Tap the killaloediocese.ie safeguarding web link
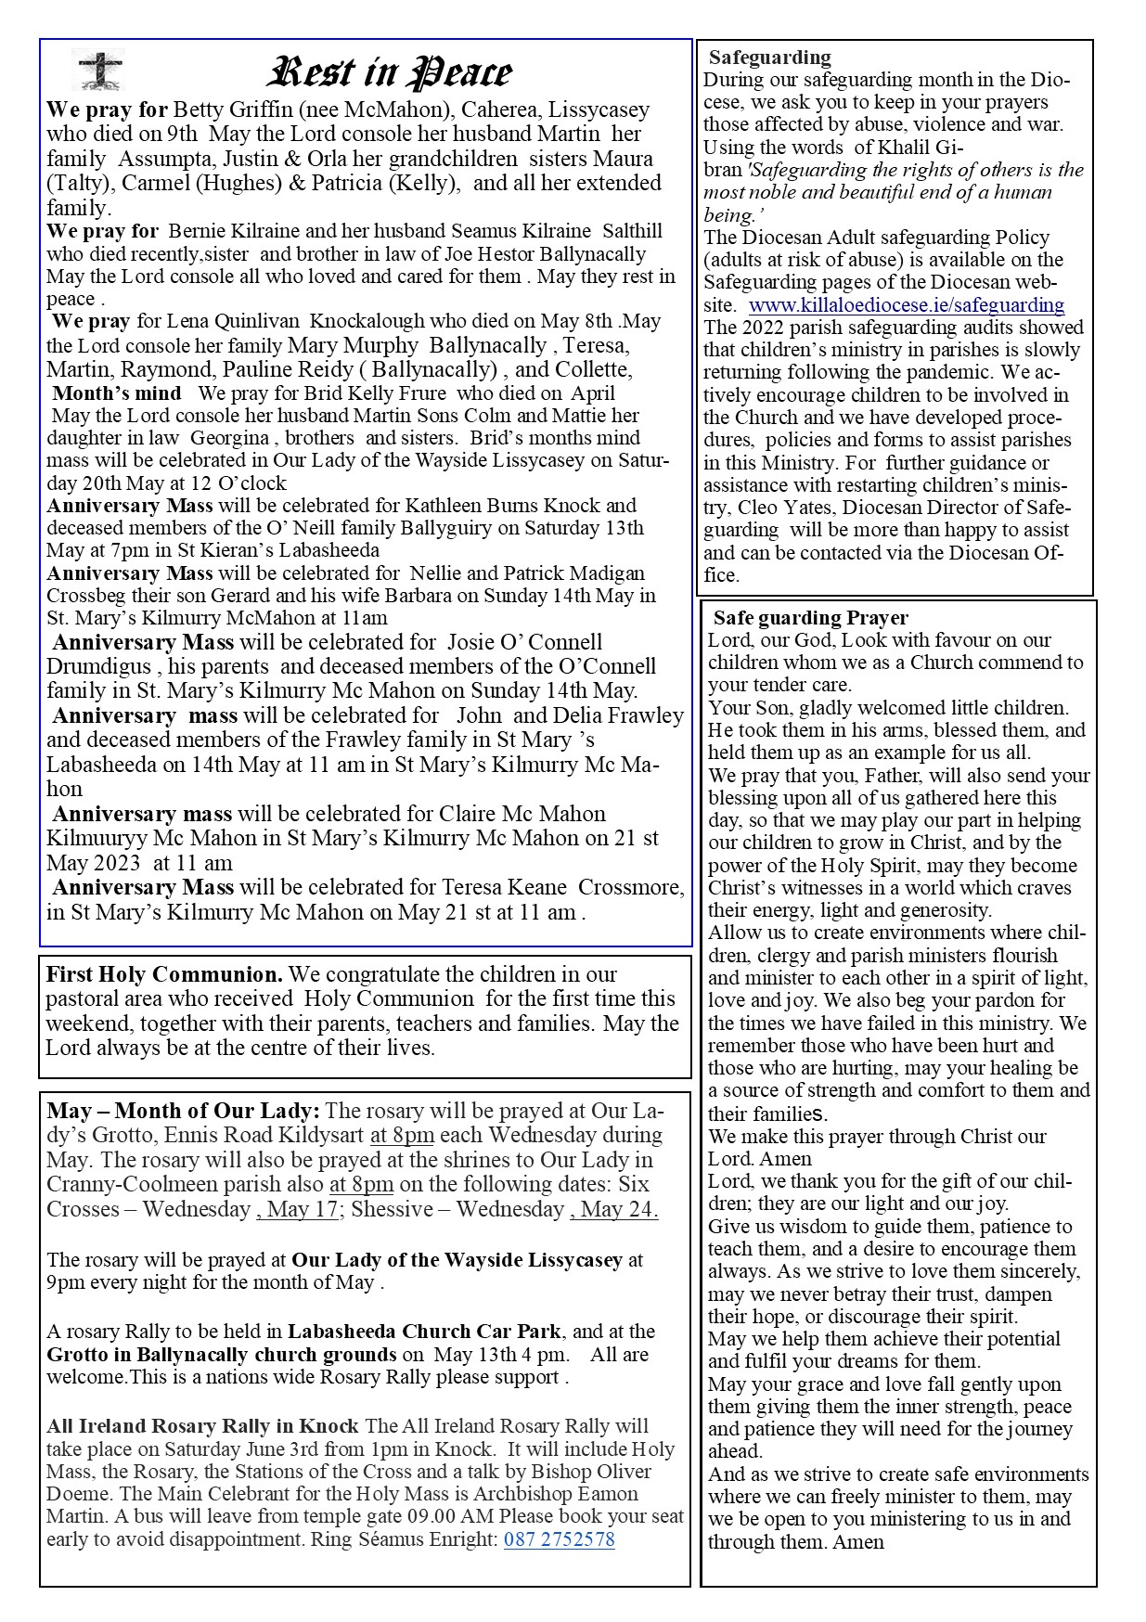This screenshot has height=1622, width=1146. [x=906, y=305]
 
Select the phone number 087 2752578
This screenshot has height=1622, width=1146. [x=559, y=1539]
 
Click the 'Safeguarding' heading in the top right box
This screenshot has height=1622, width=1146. [x=770, y=58]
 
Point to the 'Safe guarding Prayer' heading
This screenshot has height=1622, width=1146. [x=810, y=618]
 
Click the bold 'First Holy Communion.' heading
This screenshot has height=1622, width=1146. [x=164, y=975]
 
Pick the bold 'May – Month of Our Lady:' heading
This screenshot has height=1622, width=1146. [x=183, y=1111]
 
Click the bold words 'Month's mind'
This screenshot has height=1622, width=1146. [x=117, y=393]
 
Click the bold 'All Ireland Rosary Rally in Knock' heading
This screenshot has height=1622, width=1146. [x=202, y=1426]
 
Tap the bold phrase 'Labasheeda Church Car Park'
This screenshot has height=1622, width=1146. [x=423, y=1332]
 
